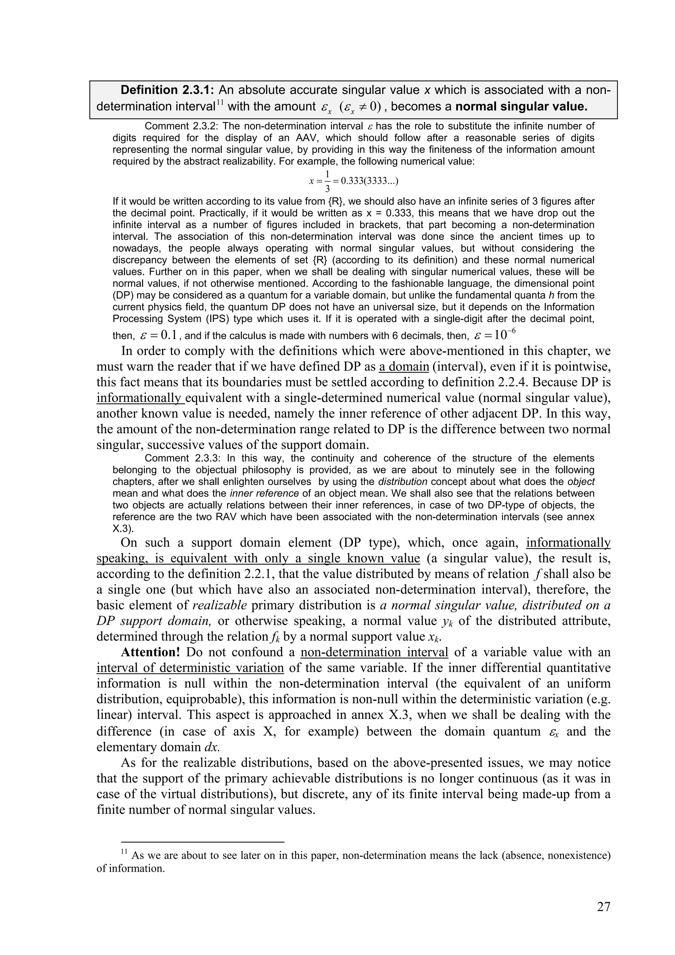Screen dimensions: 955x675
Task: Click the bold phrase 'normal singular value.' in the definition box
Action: (x=521, y=106)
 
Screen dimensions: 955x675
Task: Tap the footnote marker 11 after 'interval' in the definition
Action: (x=220, y=102)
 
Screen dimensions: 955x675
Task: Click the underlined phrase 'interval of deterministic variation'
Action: (x=190, y=668)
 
